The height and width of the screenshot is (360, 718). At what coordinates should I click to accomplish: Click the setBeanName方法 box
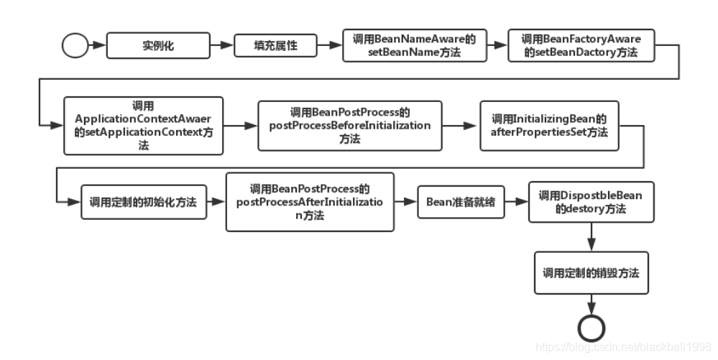coord(413,45)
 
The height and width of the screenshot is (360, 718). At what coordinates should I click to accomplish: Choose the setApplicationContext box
coord(143,125)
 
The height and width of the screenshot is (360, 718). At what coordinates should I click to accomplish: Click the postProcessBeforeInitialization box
coord(349,125)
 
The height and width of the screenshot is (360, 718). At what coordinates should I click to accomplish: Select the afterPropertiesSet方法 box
coord(549,125)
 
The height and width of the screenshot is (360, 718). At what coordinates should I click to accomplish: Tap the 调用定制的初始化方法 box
coord(143,202)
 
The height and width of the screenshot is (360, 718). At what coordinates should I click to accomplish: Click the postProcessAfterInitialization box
coord(309,202)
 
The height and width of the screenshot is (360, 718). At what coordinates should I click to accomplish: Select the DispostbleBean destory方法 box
coord(591,202)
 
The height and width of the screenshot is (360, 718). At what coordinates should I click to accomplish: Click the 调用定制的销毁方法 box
coord(591,273)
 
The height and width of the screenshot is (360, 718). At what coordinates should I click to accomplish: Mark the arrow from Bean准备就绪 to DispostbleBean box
coord(516,202)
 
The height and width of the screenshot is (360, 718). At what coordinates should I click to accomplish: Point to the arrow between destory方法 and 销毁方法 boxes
coord(591,236)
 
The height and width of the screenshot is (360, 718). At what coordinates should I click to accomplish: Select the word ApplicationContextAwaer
coord(143,118)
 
